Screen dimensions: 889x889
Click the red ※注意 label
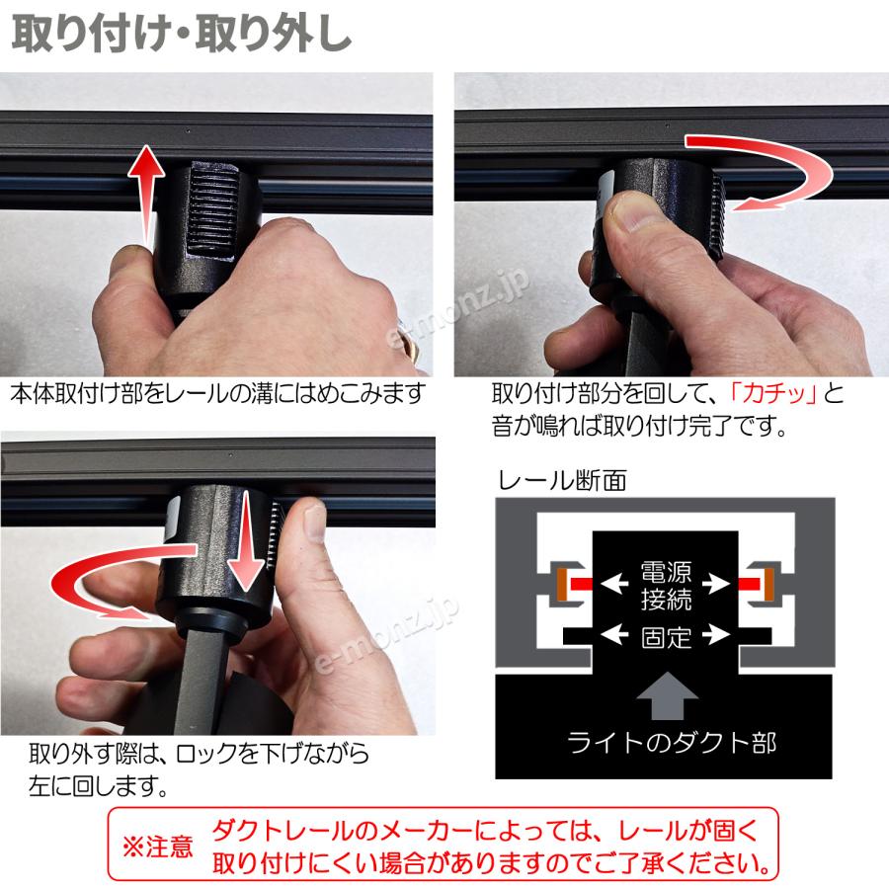(157, 847)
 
